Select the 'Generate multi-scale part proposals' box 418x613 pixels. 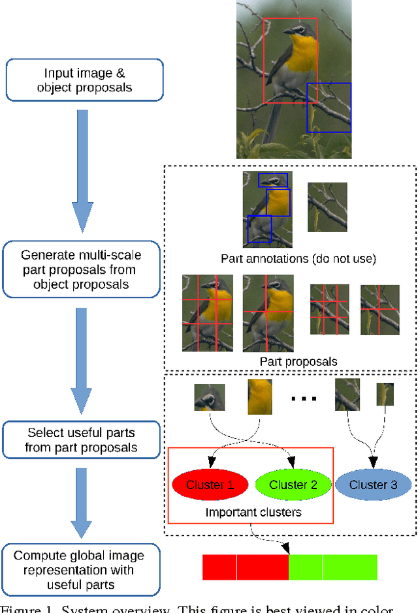pyautogui.click(x=81, y=269)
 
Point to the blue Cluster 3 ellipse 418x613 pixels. pyautogui.click(x=373, y=485)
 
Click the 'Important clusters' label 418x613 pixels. pyautogui.click(x=253, y=512)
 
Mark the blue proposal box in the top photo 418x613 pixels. pyautogui.click(x=329, y=107)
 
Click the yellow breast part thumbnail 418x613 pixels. pyautogui.click(x=259, y=398)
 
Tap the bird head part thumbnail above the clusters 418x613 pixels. pyautogui.click(x=209, y=397)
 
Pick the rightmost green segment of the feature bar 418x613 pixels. pyautogui.click(x=350, y=567)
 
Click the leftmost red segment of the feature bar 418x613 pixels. pyautogui.click(x=219, y=567)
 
